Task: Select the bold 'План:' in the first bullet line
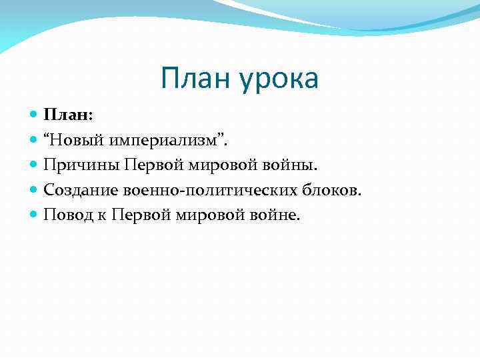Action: (69, 115)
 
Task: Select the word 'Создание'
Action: (81, 190)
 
